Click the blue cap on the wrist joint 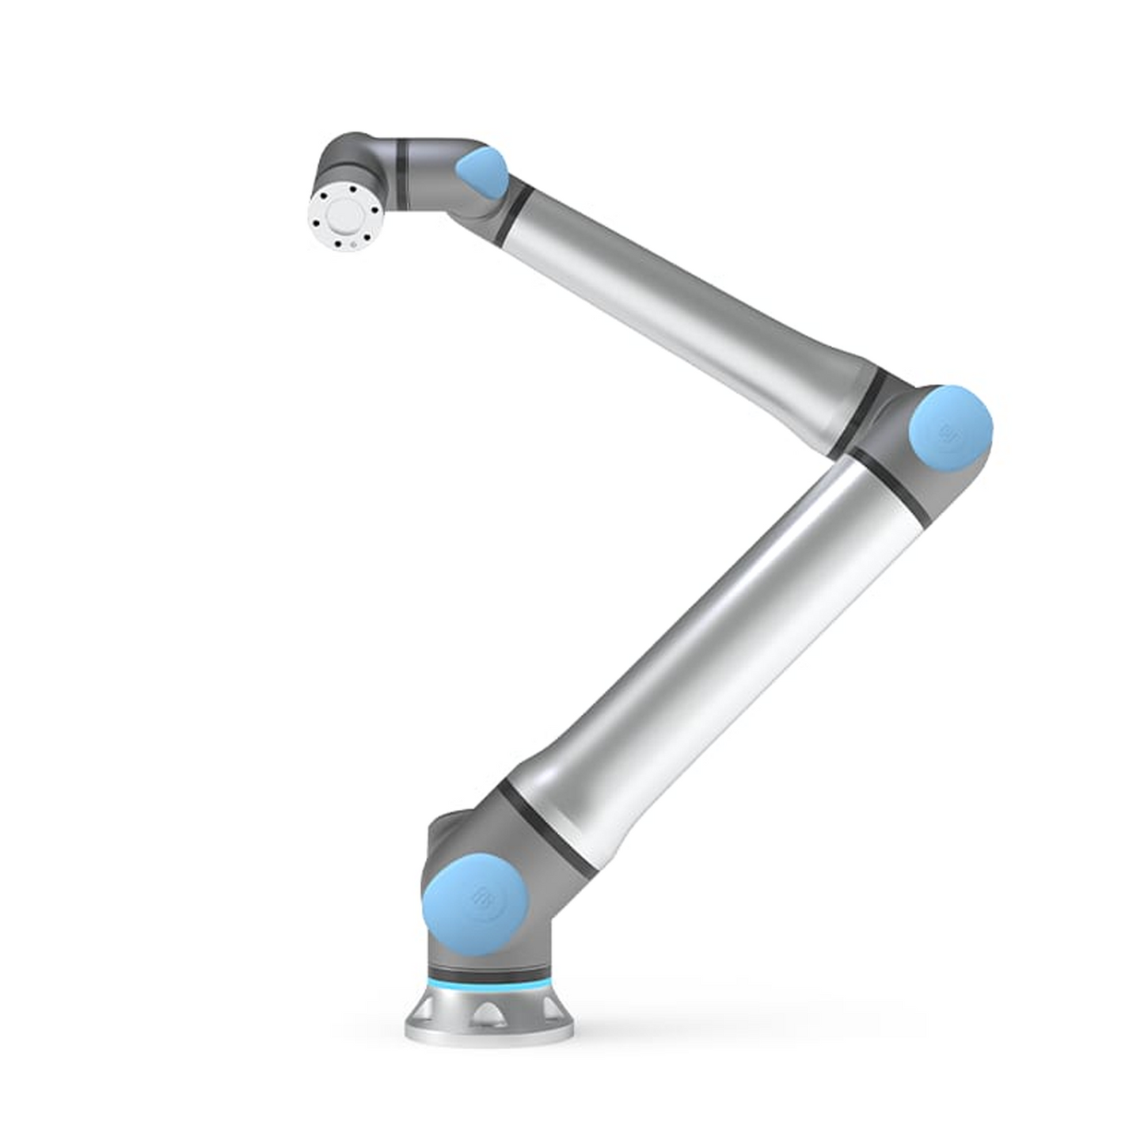[481, 173]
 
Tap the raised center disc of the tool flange [345, 214]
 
